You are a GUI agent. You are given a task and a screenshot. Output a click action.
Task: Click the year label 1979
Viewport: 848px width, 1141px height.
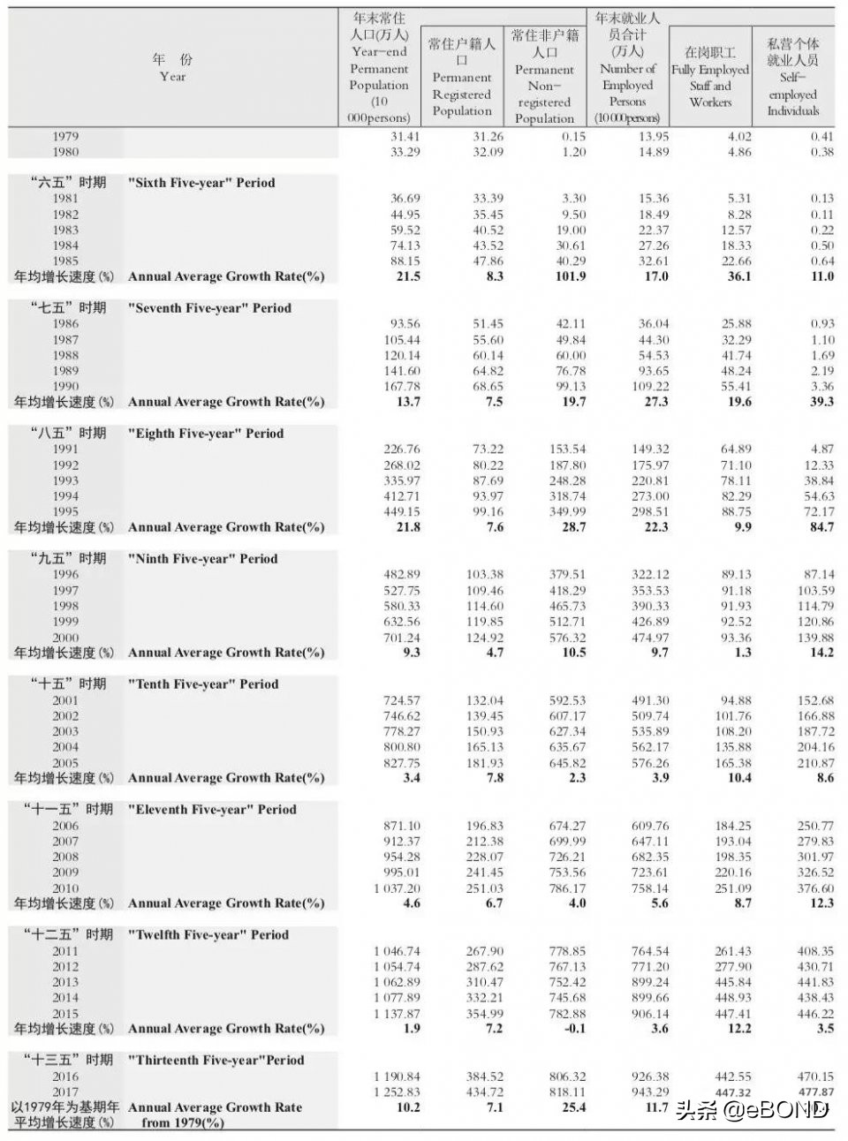tap(65, 136)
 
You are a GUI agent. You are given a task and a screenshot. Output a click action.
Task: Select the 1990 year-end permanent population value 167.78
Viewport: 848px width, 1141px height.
tap(402, 386)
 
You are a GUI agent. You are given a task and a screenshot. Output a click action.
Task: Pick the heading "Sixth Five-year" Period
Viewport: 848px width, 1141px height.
tap(201, 183)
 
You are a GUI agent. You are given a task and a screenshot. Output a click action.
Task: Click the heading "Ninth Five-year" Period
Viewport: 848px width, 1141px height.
tap(202, 559)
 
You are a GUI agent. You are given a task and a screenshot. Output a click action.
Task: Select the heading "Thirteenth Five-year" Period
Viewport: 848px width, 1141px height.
tap(216, 1061)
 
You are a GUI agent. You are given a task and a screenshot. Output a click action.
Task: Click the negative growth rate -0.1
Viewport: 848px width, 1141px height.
tap(574, 1029)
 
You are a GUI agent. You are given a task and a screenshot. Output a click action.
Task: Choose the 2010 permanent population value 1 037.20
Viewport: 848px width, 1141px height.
tap(397, 888)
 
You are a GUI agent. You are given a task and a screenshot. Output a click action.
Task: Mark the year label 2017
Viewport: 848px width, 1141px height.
tap(65, 1092)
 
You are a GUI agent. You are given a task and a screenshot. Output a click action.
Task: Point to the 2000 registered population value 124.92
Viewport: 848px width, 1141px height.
tap(485, 637)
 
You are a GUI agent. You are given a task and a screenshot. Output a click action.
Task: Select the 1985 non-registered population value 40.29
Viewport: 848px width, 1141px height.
tap(568, 261)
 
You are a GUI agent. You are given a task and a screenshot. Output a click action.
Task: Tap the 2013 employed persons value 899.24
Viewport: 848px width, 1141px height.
tap(650, 982)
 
